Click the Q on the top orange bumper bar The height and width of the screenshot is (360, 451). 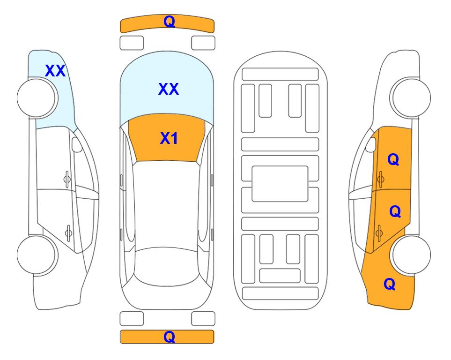click(x=169, y=22)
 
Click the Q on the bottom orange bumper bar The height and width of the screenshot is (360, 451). click(x=169, y=337)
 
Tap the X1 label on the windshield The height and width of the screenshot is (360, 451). click(x=169, y=138)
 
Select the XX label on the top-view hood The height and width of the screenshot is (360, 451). click(x=169, y=89)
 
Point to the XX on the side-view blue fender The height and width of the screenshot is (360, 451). click(x=55, y=71)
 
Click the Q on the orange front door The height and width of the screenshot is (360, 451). click(x=393, y=159)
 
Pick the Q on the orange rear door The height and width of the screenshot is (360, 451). click(x=395, y=211)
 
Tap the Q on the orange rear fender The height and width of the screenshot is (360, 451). click(x=390, y=284)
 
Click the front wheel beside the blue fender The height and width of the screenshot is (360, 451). click(x=37, y=98)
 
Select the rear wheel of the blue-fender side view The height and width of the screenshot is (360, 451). click(x=37, y=255)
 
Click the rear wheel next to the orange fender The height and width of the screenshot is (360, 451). click(x=411, y=255)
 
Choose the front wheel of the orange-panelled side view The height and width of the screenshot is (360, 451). click(x=411, y=98)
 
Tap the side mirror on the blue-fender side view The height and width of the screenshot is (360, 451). click(x=77, y=144)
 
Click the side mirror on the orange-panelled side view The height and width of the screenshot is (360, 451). click(x=371, y=144)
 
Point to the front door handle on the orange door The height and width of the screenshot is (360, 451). click(x=381, y=179)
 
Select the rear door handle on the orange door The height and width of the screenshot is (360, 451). click(x=379, y=232)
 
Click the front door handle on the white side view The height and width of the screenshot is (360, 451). click(x=67, y=179)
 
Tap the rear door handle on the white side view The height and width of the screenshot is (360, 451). click(x=68, y=232)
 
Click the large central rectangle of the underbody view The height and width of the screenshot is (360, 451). click(x=280, y=184)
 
